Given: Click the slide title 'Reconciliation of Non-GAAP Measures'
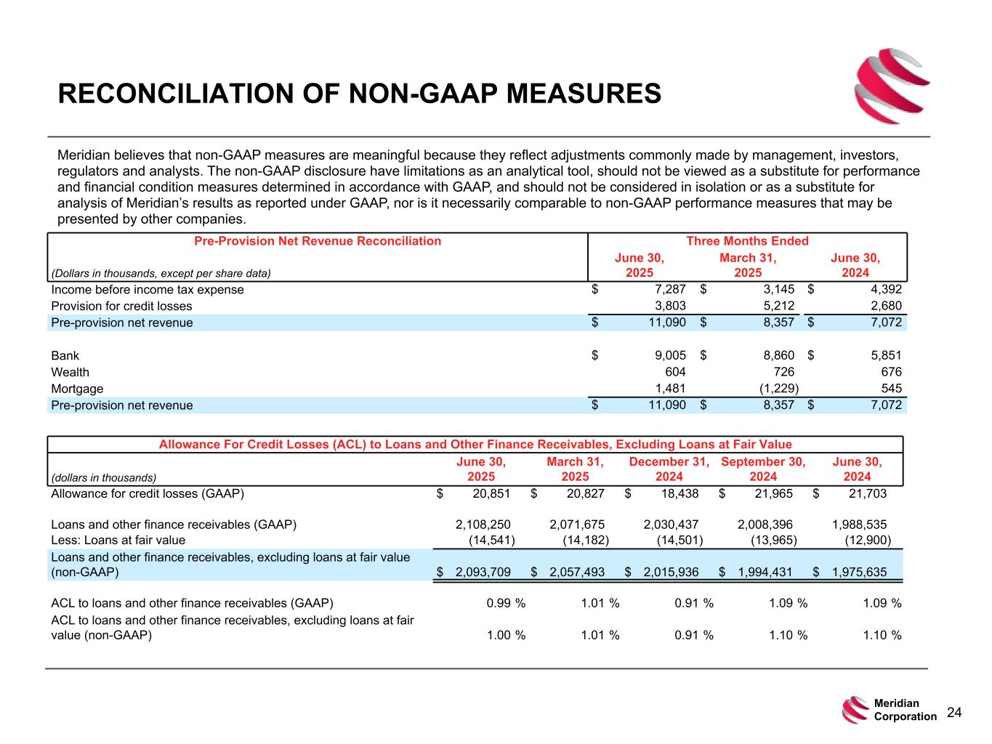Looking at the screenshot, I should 360,94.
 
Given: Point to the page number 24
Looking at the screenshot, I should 954,713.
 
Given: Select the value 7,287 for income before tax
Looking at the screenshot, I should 671,290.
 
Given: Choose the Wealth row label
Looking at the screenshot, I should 70,372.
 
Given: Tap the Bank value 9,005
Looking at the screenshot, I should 671,355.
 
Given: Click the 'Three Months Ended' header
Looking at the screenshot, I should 747,241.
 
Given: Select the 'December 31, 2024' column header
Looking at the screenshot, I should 669,469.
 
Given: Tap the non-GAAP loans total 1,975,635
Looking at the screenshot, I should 859,572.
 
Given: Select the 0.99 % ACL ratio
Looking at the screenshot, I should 506,603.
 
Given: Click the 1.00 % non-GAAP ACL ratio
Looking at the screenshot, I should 506,635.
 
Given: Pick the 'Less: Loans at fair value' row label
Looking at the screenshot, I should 118,540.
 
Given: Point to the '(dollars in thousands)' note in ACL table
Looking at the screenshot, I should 104,477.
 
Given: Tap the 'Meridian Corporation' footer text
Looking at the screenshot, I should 905,710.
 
